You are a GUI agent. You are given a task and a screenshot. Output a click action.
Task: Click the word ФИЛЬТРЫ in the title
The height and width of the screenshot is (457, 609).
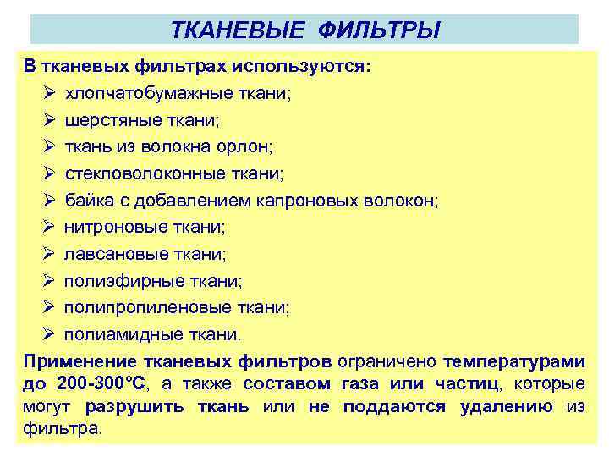(380, 32)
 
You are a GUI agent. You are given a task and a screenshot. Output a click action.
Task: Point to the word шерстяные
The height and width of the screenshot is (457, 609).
(111, 121)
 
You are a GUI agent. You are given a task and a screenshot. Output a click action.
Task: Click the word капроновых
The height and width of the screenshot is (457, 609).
(307, 201)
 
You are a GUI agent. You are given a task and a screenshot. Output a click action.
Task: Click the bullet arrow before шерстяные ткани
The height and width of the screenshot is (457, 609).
(49, 121)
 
